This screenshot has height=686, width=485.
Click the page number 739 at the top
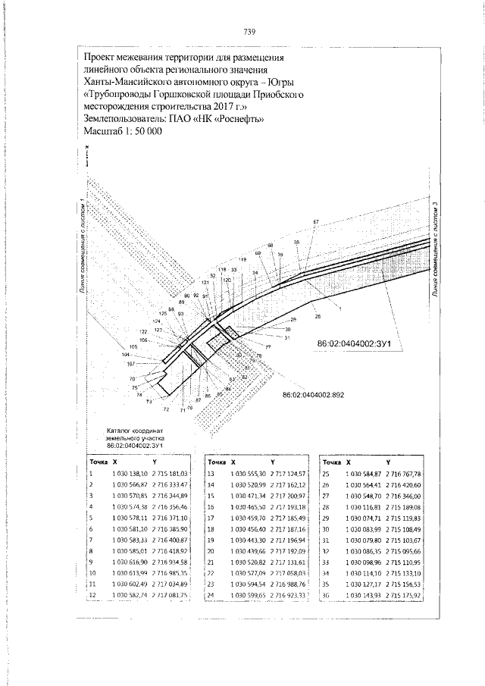[x=249, y=32]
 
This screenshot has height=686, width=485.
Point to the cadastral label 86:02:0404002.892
[x=313, y=395]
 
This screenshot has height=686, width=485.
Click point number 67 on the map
[x=315, y=222]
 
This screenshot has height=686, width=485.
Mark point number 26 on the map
[x=318, y=315]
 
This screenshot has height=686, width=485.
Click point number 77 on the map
[x=268, y=347]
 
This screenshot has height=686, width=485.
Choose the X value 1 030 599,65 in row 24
[x=246, y=597]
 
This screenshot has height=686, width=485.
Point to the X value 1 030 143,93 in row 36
[x=360, y=597]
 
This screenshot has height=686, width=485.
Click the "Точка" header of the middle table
[x=217, y=461]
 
